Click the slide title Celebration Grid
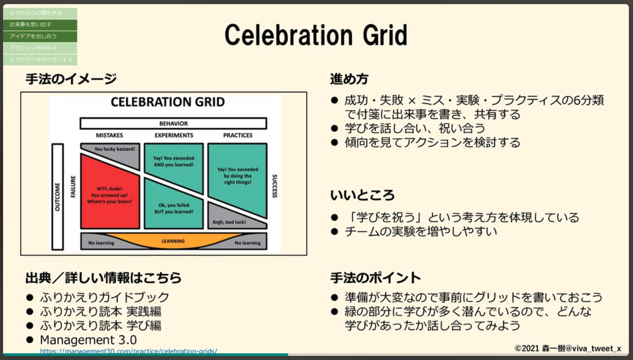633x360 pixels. (315, 36)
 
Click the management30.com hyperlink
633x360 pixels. (129, 352)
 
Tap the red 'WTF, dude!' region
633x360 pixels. (110, 195)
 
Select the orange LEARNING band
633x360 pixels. (173, 241)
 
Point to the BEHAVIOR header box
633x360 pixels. (173, 123)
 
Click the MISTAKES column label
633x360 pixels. (110, 135)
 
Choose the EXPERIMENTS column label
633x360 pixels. (173, 135)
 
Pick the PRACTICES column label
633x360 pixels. (237, 135)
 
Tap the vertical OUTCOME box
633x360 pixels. (57, 196)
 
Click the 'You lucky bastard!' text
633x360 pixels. (115, 149)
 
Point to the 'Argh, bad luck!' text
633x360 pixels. (229, 223)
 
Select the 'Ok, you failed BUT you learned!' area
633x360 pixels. (173, 208)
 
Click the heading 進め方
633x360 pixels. (349, 79)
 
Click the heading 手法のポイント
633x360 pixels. (375, 278)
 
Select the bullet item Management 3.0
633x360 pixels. (89, 340)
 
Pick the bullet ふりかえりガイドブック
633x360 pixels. (104, 297)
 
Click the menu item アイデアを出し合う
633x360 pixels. (33, 37)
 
